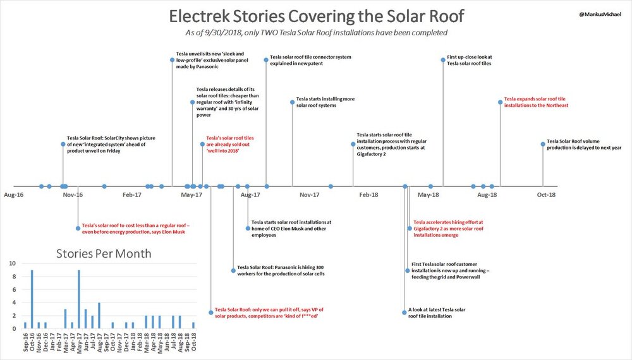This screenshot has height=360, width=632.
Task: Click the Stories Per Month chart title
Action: click(104, 255)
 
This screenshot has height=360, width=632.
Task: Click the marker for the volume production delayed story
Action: click(542, 144)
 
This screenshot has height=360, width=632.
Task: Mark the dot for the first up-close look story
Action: click(442, 59)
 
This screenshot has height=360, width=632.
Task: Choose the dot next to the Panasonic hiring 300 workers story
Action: click(233, 270)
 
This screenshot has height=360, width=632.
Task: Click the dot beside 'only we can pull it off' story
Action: click(211, 312)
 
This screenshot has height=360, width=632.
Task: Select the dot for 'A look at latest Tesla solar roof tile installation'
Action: click(404, 312)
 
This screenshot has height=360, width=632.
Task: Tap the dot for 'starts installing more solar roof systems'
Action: click(292, 102)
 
